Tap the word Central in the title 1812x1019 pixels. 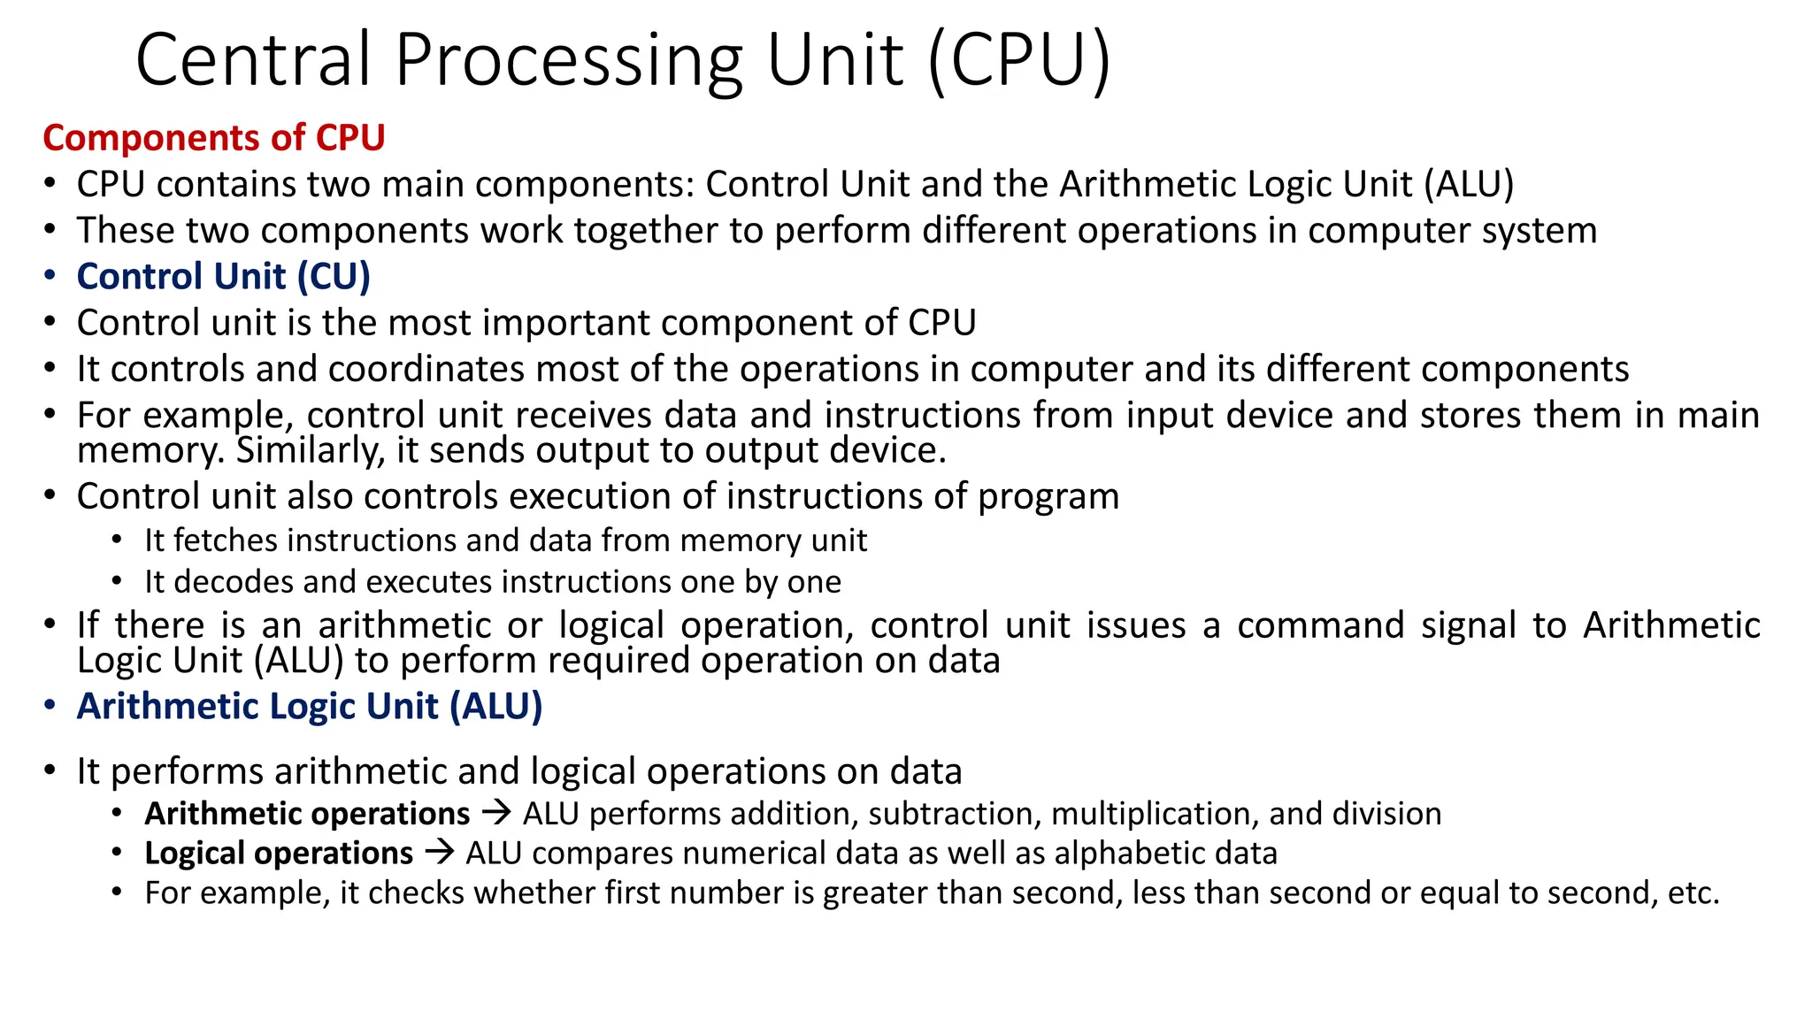coord(252,60)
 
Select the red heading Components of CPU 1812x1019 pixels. coord(214,138)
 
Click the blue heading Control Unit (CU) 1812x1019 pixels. coord(223,277)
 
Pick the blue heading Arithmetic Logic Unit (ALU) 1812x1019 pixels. coord(310,707)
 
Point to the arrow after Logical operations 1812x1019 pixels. coord(439,853)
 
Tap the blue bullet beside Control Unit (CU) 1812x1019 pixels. coord(50,277)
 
